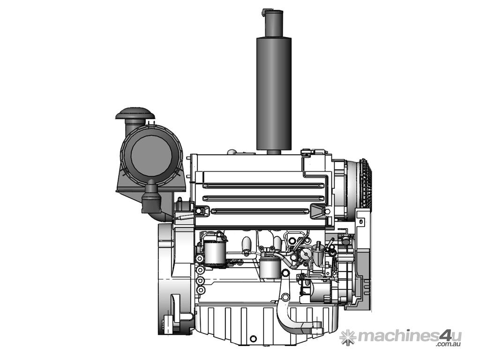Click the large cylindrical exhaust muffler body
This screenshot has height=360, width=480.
(274, 94)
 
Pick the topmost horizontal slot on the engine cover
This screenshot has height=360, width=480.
(263, 185)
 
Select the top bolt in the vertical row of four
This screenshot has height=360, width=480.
(200, 259)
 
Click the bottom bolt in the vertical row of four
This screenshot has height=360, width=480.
(200, 290)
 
